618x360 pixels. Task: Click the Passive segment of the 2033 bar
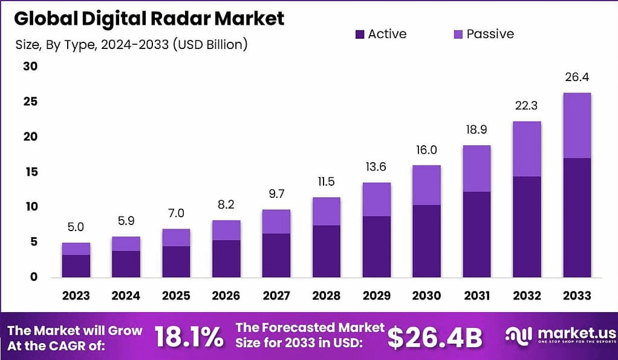pyautogui.click(x=576, y=125)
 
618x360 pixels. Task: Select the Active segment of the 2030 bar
pyautogui.click(x=426, y=241)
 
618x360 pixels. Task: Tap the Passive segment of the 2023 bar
pyautogui.click(x=76, y=249)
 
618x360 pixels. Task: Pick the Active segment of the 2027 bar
pyautogui.click(x=276, y=255)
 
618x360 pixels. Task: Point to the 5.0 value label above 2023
pyautogui.click(x=76, y=227)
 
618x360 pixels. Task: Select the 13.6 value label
pyautogui.click(x=376, y=167)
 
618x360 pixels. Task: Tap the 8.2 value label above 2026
pyautogui.click(x=226, y=205)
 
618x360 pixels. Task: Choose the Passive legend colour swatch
pyautogui.click(x=458, y=34)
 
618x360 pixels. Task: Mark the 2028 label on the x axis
pyautogui.click(x=326, y=296)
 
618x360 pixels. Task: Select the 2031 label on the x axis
pyautogui.click(x=476, y=296)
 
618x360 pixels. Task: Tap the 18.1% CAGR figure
pyautogui.click(x=189, y=338)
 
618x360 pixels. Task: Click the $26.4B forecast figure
pyautogui.click(x=434, y=338)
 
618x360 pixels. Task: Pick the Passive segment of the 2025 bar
pyautogui.click(x=176, y=237)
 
